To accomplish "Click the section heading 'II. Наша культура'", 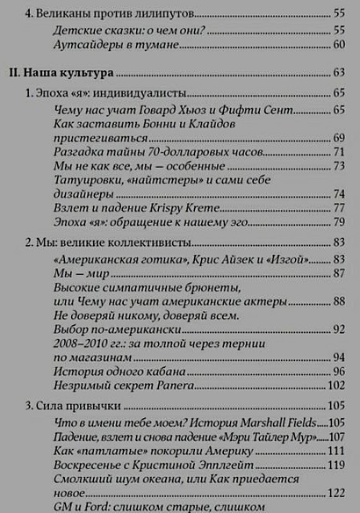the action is click(61, 72).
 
